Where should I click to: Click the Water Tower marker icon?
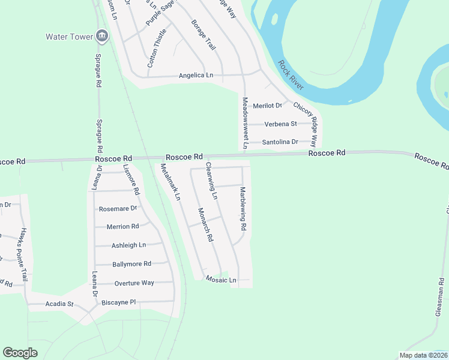pyautogui.click(x=101, y=37)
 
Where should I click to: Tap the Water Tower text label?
pyautogui.click(x=69, y=37)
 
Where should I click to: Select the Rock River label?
pyautogui.click(x=291, y=76)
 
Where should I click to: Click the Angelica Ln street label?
pyautogui.click(x=196, y=76)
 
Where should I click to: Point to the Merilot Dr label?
pyautogui.click(x=267, y=106)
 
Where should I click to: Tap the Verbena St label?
pyautogui.click(x=280, y=124)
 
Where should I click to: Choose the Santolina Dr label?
pyautogui.click(x=280, y=142)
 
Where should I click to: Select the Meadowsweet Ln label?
pyautogui.click(x=245, y=122)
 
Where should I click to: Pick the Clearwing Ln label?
pyautogui.click(x=211, y=181)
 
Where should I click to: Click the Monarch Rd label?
pyautogui.click(x=206, y=224)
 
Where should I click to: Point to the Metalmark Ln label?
pyautogui.click(x=170, y=181)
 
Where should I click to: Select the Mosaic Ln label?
pyautogui.click(x=221, y=280)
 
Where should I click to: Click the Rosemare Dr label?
pyautogui.click(x=118, y=208)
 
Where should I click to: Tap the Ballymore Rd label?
pyautogui.click(x=131, y=264)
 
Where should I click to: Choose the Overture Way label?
pyautogui.click(x=134, y=283)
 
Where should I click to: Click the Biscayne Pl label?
pyautogui.click(x=121, y=302)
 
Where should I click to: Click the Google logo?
pyautogui.click(x=20, y=353)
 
